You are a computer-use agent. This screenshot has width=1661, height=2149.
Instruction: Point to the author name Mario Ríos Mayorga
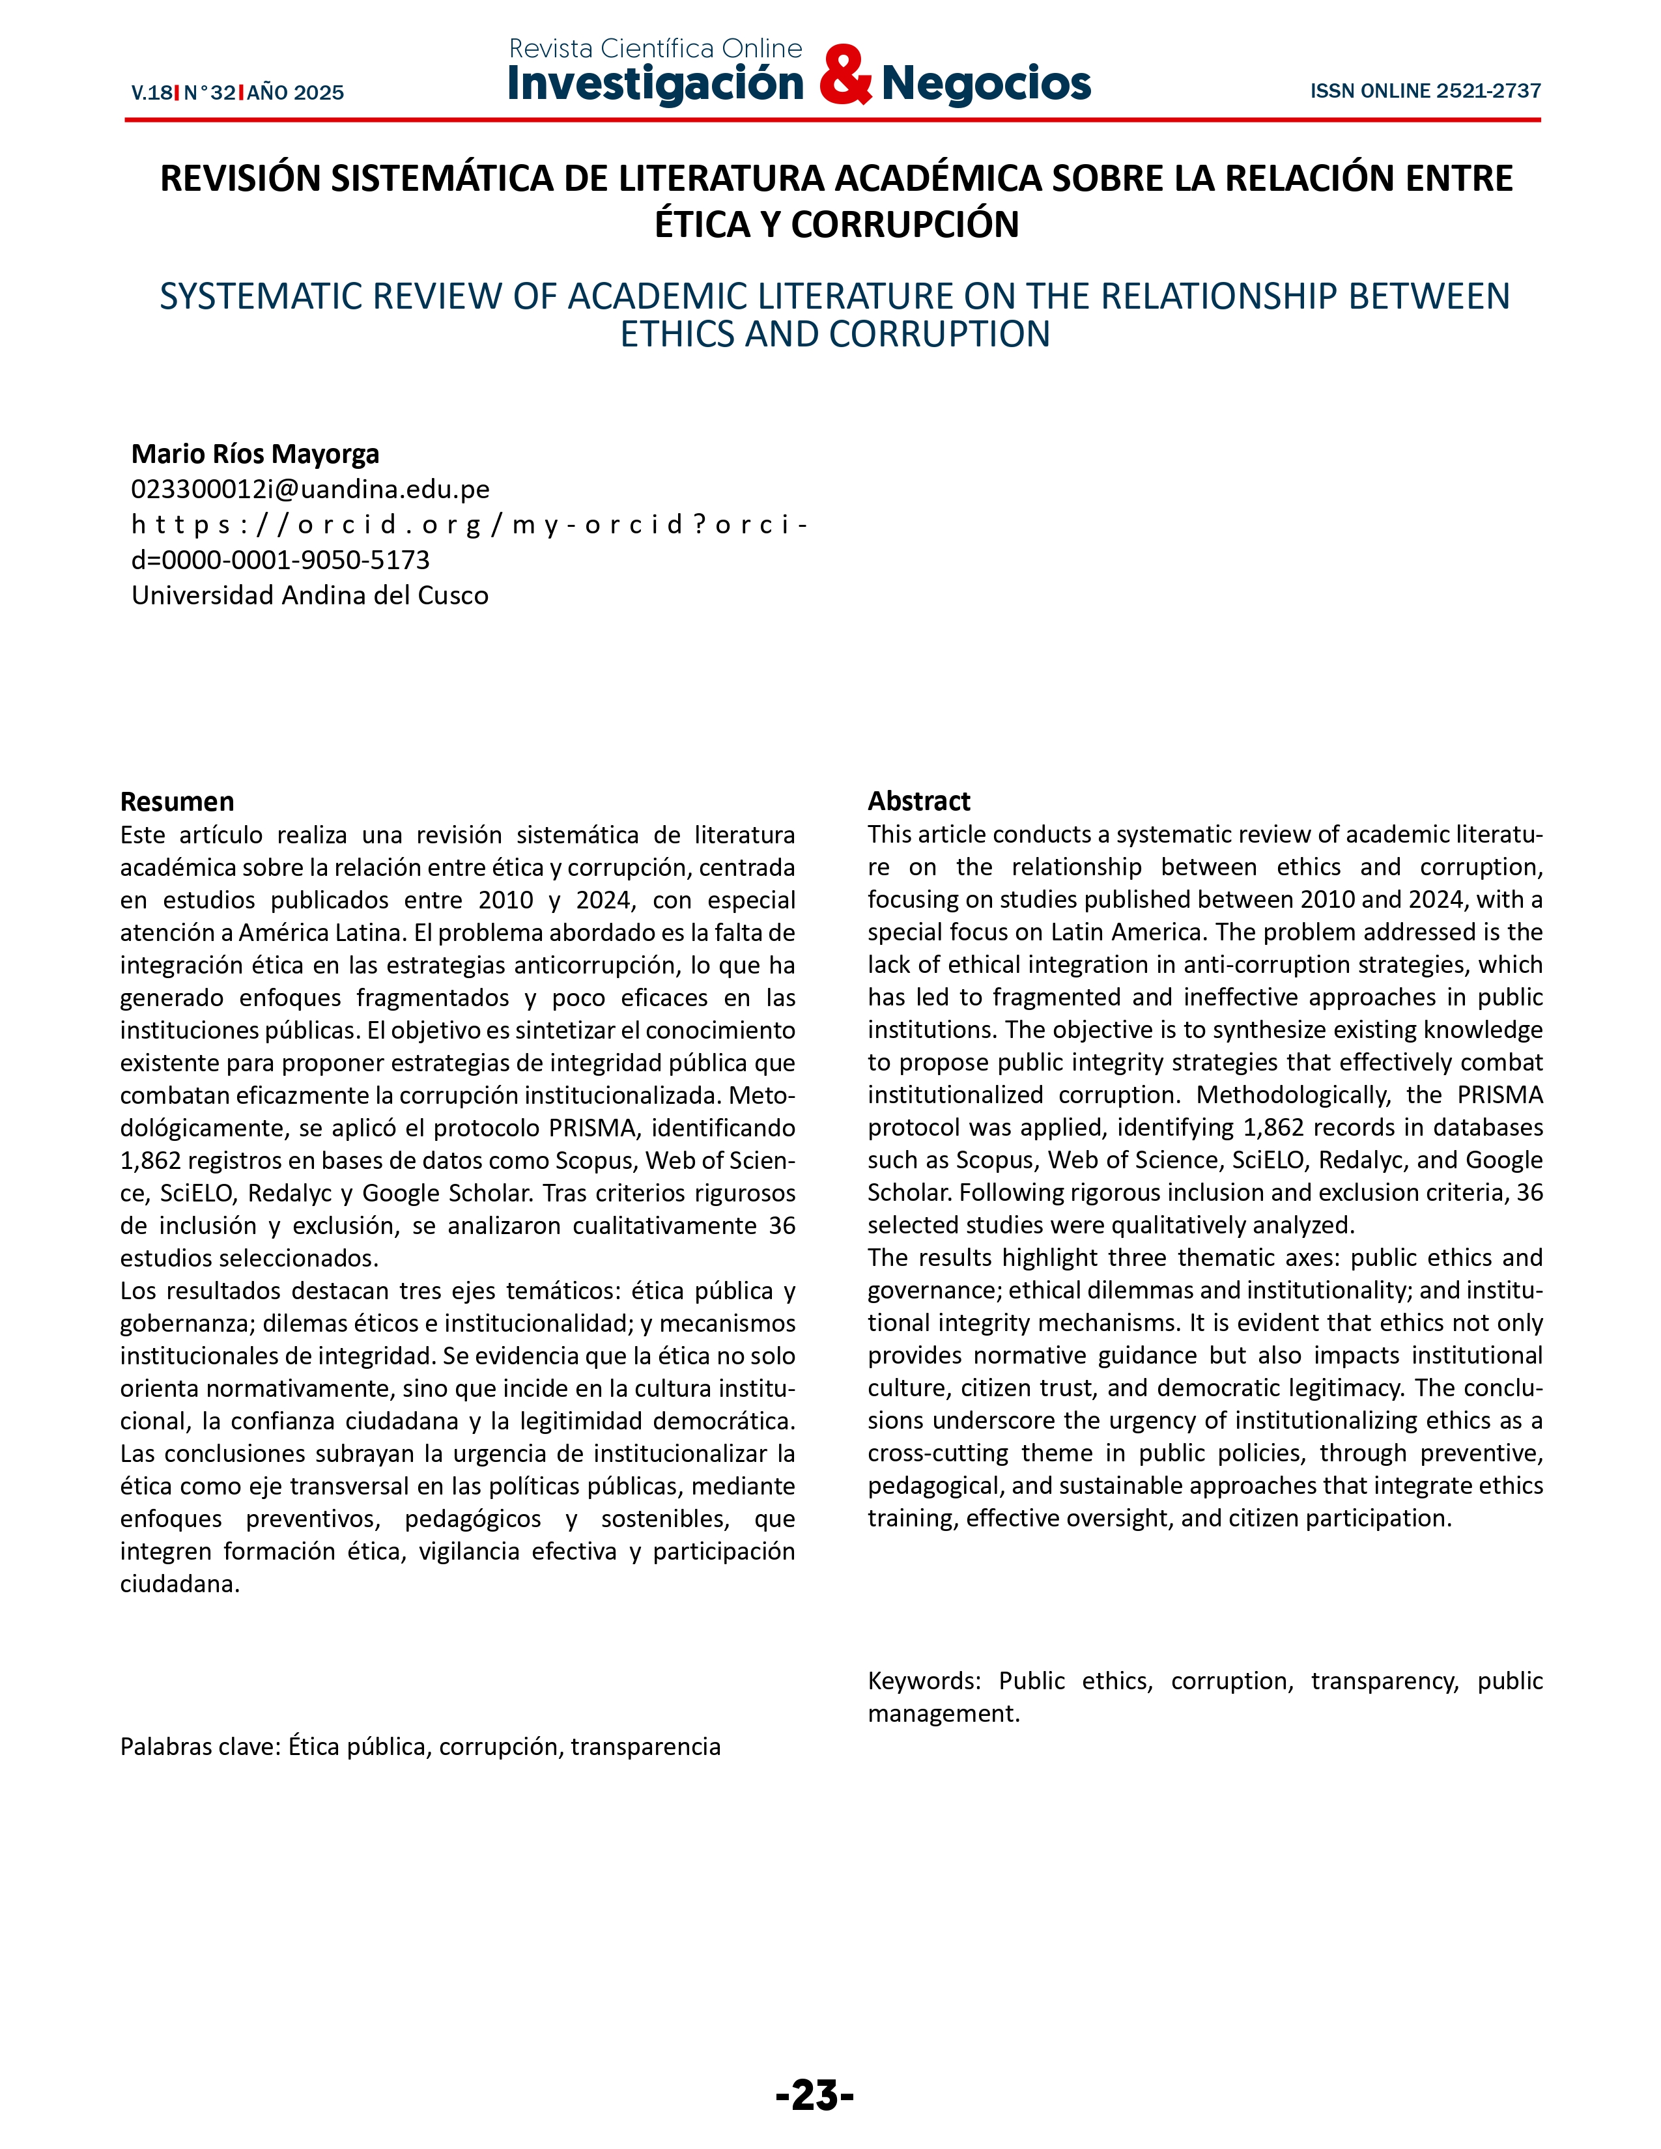tap(255, 454)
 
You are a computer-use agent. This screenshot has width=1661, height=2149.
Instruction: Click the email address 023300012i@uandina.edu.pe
tap(310, 489)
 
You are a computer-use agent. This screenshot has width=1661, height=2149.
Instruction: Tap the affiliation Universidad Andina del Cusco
tap(310, 595)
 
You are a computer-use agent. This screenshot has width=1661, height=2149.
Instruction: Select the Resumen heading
tap(177, 801)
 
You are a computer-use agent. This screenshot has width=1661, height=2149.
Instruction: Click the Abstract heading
tap(918, 801)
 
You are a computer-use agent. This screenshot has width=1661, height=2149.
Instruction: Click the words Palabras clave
tap(201, 1747)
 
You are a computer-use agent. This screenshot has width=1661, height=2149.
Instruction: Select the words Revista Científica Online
tap(655, 48)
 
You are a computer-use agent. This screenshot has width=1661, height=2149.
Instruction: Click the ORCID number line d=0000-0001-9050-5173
tap(281, 560)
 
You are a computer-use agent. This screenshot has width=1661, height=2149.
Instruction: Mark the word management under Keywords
tap(942, 1713)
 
